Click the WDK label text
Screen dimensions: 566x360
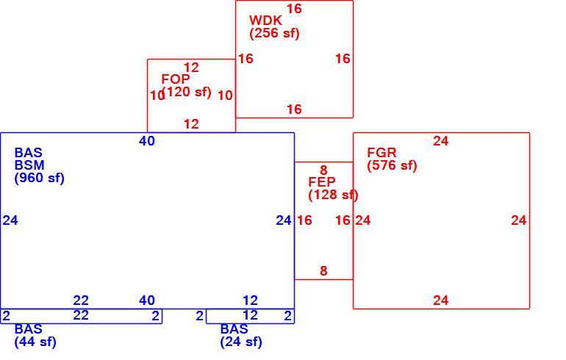265,20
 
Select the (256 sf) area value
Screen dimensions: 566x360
274,33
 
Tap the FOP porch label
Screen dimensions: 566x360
176,79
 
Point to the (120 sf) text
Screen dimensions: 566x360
187,92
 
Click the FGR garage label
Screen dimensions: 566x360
381,152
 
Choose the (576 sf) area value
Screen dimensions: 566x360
392,165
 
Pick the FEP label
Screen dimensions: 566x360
322,181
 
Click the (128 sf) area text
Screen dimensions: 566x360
333,195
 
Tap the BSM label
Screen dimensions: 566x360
29,165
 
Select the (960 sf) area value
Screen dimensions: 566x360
40,178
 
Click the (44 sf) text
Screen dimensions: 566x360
35,342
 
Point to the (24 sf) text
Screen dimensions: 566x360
241,342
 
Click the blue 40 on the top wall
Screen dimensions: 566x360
147,141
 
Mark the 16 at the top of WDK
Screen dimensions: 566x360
294,9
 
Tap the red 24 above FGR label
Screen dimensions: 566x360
441,141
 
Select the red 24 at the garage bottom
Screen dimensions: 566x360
441,300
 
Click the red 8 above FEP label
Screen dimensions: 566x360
323,170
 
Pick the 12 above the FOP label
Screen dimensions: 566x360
191,68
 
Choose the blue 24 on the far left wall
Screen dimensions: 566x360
10,220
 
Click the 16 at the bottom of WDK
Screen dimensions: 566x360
294,109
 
